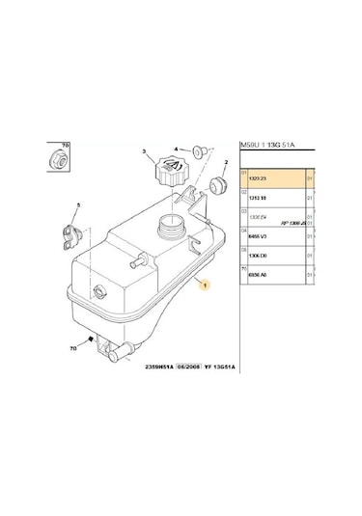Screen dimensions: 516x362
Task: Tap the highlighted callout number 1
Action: (203, 286)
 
